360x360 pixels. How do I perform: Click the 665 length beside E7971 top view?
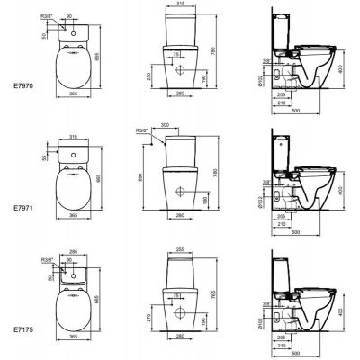pyautogui.click(x=111, y=178)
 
